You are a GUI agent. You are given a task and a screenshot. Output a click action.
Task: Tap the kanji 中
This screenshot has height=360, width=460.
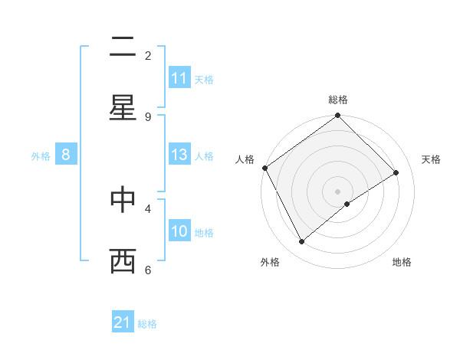pos(123,200)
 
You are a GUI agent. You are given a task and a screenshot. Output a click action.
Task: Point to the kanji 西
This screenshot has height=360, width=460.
pos(123,261)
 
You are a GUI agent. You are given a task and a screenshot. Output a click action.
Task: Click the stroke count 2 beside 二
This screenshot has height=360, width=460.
pos(148,55)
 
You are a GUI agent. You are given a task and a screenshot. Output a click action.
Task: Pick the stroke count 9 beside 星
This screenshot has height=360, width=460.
pos(148,116)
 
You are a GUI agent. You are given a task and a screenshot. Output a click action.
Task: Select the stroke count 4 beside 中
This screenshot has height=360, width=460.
pos(148,208)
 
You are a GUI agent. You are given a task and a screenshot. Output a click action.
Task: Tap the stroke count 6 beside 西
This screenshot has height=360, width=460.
pos(148,269)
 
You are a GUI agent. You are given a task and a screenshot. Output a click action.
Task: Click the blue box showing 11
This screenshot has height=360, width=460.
pos(179,78)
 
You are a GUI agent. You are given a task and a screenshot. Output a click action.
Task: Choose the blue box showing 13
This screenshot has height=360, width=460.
pos(179,155)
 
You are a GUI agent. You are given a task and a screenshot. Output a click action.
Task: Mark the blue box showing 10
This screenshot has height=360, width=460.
pos(179,231)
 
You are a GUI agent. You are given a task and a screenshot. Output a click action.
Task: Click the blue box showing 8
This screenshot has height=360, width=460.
pos(66,155)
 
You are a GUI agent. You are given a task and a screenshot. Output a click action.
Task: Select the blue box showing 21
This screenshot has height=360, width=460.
pos(123,322)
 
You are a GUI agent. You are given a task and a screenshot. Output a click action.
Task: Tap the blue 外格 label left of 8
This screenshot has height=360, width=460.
pos(41,155)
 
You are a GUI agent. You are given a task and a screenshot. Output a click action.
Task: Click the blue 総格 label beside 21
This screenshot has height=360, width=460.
pos(147,323)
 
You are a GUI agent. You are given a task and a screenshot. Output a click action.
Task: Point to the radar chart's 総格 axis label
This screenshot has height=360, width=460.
pos(338,100)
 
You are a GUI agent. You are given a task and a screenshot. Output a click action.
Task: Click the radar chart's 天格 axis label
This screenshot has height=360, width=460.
pos(432,159)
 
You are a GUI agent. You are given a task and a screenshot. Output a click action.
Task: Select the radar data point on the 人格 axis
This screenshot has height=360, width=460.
pos(264,168)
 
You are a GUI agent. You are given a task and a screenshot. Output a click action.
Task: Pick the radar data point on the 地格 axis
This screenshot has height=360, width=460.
pos(347,204)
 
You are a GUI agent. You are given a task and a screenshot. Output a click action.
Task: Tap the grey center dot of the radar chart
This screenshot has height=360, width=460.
pos(338,191)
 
